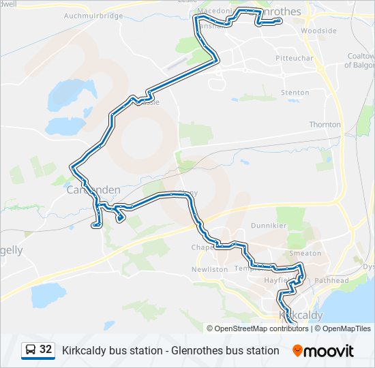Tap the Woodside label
(319, 31)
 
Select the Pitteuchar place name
(295, 59)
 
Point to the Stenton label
(295, 93)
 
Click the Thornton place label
(325, 125)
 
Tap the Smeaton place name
(305, 253)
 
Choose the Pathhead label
(332, 280)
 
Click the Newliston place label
(209, 269)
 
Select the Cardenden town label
(93, 190)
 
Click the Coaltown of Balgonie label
(359, 61)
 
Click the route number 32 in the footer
(46, 350)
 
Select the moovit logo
(323, 350)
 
